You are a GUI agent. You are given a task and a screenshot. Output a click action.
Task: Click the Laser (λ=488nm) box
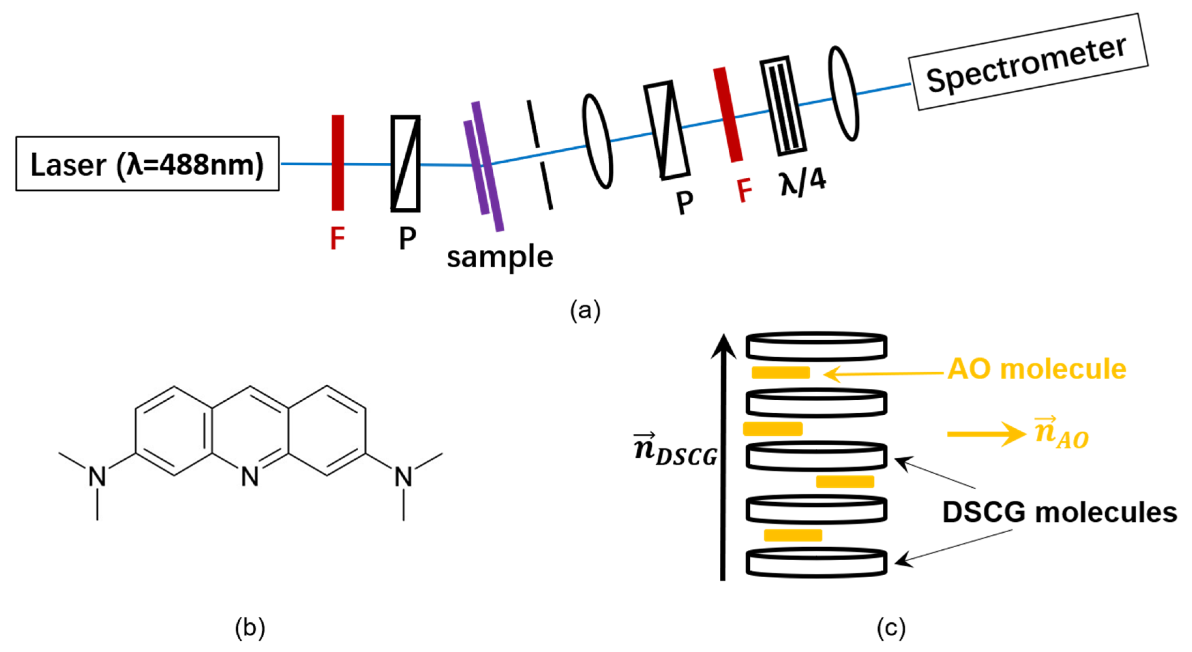click(x=147, y=164)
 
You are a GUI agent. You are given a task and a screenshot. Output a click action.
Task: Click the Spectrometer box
click(x=1028, y=62)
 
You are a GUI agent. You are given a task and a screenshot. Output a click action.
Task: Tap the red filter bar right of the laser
click(x=337, y=163)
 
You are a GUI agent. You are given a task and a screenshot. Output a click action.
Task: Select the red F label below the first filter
click(x=337, y=238)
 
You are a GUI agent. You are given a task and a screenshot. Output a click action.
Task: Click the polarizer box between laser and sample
click(x=405, y=164)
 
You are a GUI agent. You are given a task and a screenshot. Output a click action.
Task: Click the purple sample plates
click(x=483, y=167)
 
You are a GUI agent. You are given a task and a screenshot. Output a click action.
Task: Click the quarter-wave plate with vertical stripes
click(x=783, y=106)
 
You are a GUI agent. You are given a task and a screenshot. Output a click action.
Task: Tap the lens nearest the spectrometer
click(x=843, y=93)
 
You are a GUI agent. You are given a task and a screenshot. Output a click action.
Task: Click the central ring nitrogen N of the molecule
click(x=250, y=476)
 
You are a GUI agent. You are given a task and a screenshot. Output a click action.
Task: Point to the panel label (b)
click(x=250, y=628)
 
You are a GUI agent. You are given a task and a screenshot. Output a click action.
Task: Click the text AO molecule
click(x=1036, y=369)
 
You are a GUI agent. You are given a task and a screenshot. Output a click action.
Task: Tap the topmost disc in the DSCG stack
click(x=816, y=346)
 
